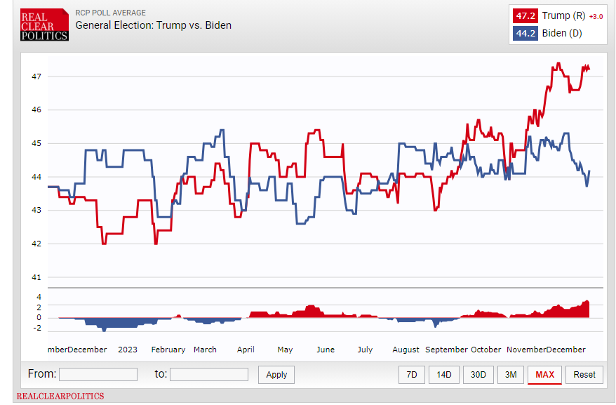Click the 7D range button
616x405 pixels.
point(412,375)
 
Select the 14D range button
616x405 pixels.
point(444,375)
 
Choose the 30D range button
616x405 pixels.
point(478,375)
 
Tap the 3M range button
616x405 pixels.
point(510,375)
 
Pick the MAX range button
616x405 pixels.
point(544,375)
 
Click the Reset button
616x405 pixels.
point(584,375)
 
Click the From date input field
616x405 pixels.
point(98,375)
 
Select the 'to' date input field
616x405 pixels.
point(208,375)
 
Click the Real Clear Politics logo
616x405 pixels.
point(44,25)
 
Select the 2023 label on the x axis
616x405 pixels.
point(128,350)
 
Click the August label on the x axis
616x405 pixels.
point(406,350)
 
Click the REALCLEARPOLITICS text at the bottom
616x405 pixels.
point(60,396)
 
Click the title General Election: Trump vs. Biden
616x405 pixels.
point(153,25)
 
